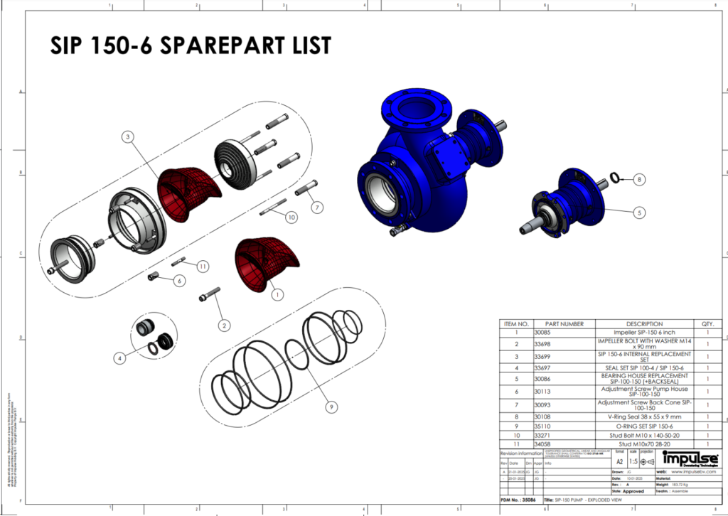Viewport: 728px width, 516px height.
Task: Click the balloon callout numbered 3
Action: (127, 136)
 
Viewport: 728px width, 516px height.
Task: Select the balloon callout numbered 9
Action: (331, 407)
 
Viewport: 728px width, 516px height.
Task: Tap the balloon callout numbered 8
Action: (639, 180)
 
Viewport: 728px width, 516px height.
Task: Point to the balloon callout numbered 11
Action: (203, 267)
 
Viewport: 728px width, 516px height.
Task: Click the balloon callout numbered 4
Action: (120, 358)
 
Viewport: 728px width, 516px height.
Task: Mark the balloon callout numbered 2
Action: (225, 326)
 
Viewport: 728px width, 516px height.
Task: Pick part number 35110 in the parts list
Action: (544, 426)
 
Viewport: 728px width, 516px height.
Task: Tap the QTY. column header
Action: (707, 323)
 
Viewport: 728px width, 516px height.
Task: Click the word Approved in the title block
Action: (633, 491)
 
